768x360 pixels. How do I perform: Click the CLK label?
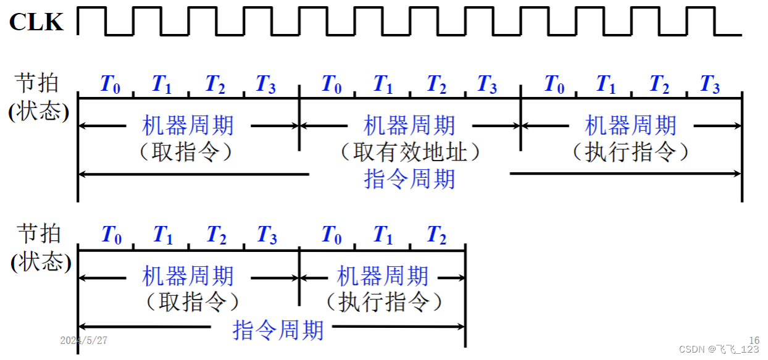coord(36,22)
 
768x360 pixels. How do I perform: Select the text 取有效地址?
coord(410,152)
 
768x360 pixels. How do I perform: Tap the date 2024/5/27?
coord(84,340)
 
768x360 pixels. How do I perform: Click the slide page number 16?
coord(754,340)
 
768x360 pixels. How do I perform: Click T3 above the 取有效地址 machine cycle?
coord(487,85)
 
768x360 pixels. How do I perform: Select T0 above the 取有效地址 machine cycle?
coord(332,85)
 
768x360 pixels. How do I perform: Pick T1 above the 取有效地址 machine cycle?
coord(383,85)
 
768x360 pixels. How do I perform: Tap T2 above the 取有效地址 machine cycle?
coord(436,85)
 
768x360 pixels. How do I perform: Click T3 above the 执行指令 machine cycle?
coord(709,85)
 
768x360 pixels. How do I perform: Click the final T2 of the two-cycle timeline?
coord(436,235)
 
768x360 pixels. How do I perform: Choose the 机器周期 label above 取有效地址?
coord(410,126)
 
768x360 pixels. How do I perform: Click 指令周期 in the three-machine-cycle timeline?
coord(410,179)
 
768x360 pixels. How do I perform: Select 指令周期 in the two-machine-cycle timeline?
coord(278,330)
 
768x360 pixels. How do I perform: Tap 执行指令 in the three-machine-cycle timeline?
coord(630,152)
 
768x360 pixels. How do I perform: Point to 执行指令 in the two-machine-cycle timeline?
coord(383,303)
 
